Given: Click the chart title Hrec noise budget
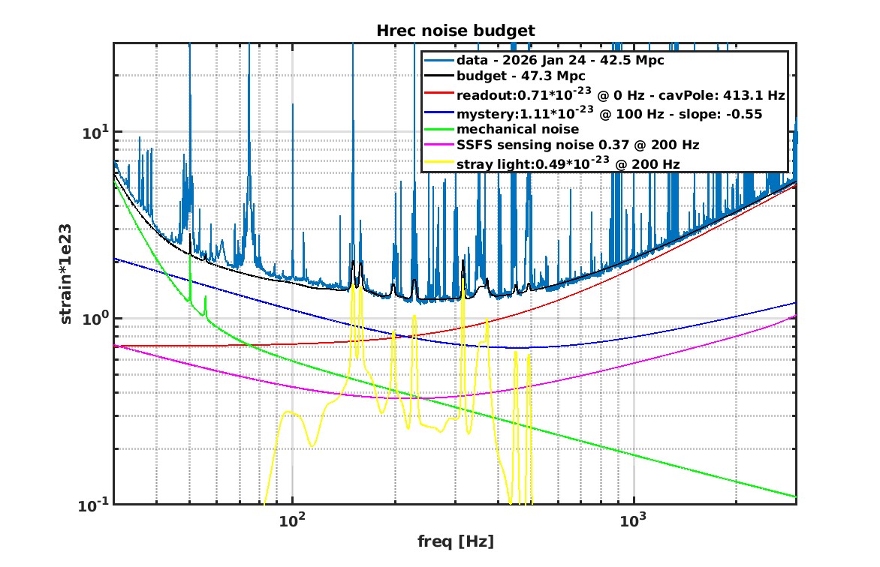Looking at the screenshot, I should pyautogui.click(x=455, y=31).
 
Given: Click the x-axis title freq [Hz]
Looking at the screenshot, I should pyautogui.click(x=455, y=541).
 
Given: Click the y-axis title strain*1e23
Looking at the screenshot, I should pyautogui.click(x=68, y=274).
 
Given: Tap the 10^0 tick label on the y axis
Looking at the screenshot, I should pyautogui.click(x=95, y=317).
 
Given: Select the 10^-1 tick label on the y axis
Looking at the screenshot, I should pyautogui.click(x=94, y=504).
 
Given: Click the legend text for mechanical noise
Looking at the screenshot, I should pyautogui.click(x=512, y=128).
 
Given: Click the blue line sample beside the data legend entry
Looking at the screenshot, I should pyautogui.click(x=438, y=59).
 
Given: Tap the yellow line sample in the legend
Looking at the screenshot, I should pyautogui.click(x=438, y=163).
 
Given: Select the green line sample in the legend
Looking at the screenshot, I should pyautogui.click(x=438, y=128).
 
